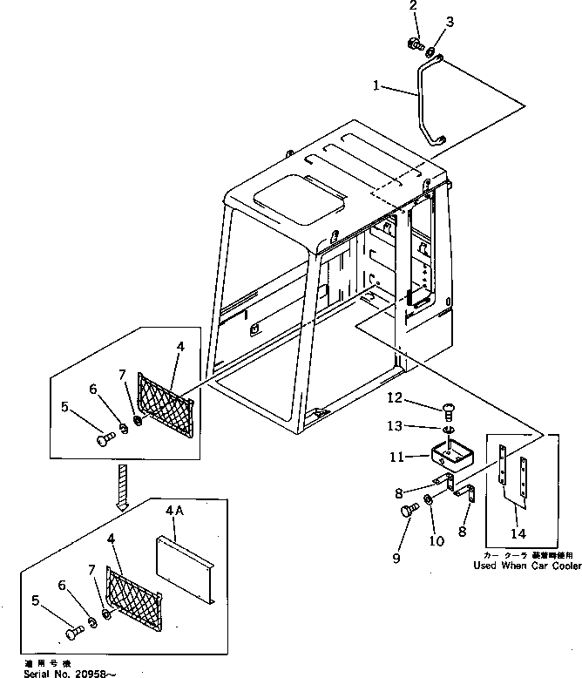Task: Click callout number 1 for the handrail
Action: [377, 86]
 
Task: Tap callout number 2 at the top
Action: [413, 8]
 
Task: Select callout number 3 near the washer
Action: [450, 21]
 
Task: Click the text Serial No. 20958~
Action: [58, 672]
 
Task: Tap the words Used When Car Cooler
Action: [526, 566]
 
